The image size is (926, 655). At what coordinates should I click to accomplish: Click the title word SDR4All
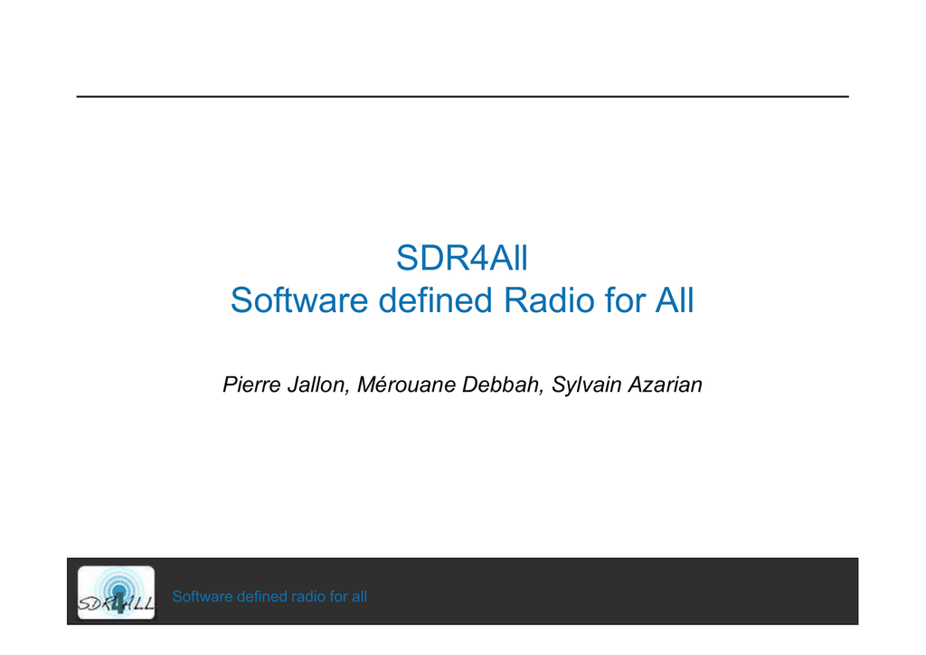tap(462, 258)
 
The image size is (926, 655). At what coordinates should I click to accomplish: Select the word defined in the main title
tap(435, 300)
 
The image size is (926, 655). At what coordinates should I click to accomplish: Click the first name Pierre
tap(251, 384)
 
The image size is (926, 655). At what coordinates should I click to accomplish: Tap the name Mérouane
tap(406, 384)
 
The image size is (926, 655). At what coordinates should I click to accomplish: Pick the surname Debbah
tap(500, 385)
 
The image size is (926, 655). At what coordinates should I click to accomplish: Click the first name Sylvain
tap(586, 385)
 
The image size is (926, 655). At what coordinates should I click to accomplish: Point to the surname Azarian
tap(665, 384)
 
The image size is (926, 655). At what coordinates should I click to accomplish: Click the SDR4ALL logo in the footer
tap(117, 593)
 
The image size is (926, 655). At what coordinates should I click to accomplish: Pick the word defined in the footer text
tap(261, 596)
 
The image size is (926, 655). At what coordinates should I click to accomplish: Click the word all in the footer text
tap(359, 596)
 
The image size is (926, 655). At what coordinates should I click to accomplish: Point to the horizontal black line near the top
tap(462, 96)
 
